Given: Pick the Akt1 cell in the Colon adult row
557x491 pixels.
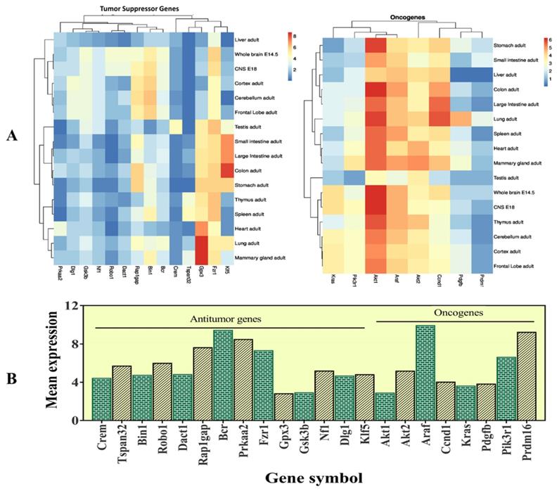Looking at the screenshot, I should [x=376, y=90].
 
